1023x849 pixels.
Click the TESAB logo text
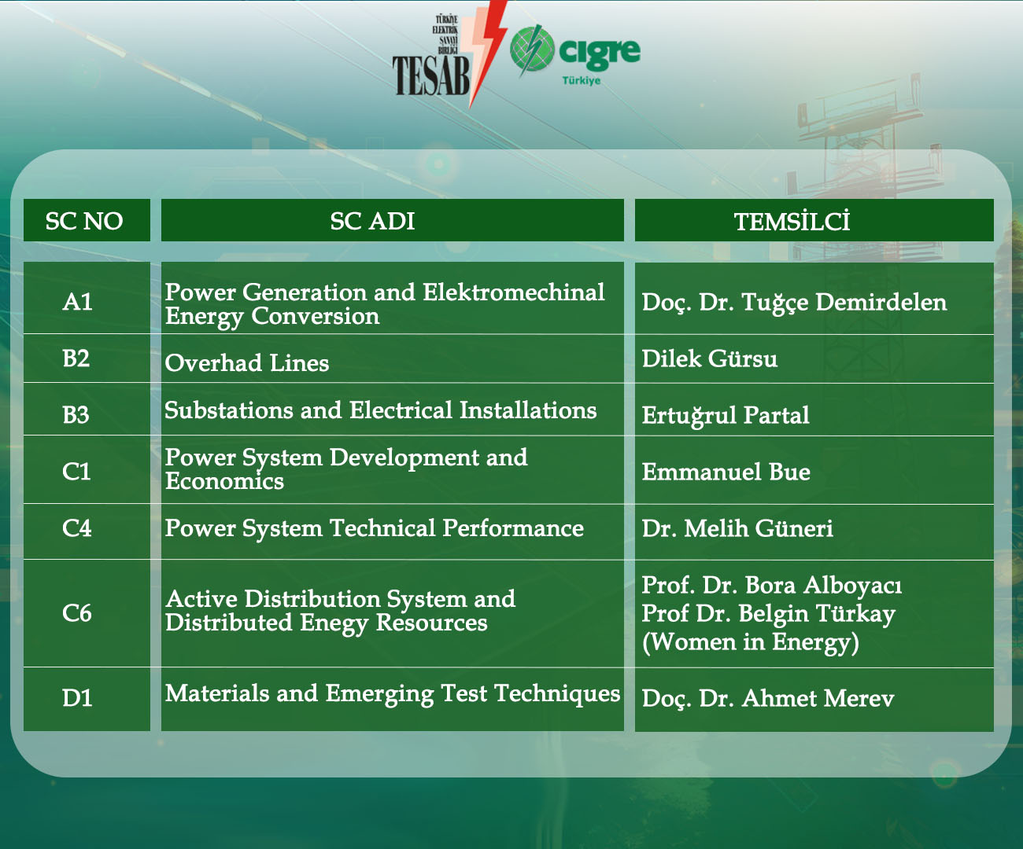pos(430,75)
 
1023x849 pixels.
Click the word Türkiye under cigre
pos(581,80)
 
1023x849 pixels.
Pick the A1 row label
pos(77,301)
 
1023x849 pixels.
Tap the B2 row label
pos(76,358)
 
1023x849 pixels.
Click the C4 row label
pos(77,528)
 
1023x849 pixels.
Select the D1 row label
pos(77,698)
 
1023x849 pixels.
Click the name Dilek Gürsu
pos(710,358)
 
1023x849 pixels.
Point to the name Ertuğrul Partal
pos(726,415)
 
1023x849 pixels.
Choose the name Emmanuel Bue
pos(726,472)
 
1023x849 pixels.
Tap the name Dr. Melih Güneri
pos(737,528)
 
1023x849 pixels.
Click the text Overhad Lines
pos(247,363)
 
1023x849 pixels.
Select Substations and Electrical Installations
pos(381,410)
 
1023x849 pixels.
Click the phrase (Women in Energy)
pos(751,642)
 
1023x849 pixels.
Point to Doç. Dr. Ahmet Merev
pos(768,698)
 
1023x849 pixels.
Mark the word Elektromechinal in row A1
pos(513,292)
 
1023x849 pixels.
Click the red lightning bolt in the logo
pos(484,53)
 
